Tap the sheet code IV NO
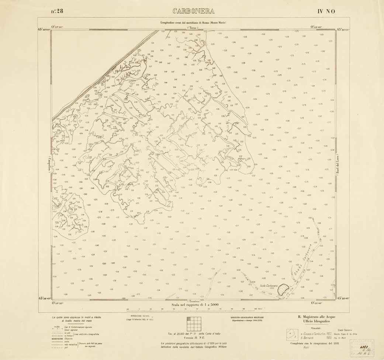tap(326, 11)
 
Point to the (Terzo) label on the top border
tap(193, 28)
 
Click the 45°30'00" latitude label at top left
tap(44, 30)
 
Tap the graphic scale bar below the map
tap(192, 310)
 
